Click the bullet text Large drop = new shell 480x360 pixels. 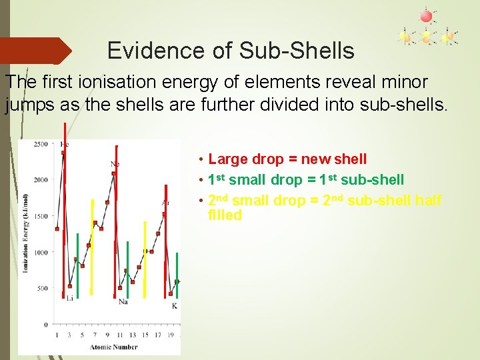pyautogui.click(x=287, y=159)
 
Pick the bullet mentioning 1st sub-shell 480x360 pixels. pyautogui.click(x=305, y=180)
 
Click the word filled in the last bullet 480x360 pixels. pyautogui.click(x=225, y=215)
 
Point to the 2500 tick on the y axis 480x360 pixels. pyautogui.click(x=41, y=144)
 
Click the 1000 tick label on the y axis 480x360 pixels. pyautogui.click(x=41, y=253)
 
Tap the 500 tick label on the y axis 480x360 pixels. pyautogui.click(x=42, y=289)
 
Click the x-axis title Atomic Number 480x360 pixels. pyautogui.click(x=114, y=347)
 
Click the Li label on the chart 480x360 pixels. pyautogui.click(x=69, y=299)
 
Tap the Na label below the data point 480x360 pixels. pyautogui.click(x=123, y=301)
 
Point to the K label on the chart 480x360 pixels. pyautogui.click(x=174, y=305)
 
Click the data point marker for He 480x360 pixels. pyautogui.click(x=63, y=153)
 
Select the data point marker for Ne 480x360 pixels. pyautogui.click(x=115, y=173)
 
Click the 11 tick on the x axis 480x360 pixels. pyautogui.click(x=120, y=335)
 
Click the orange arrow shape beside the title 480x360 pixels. pyautogui.click(x=37, y=51)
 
